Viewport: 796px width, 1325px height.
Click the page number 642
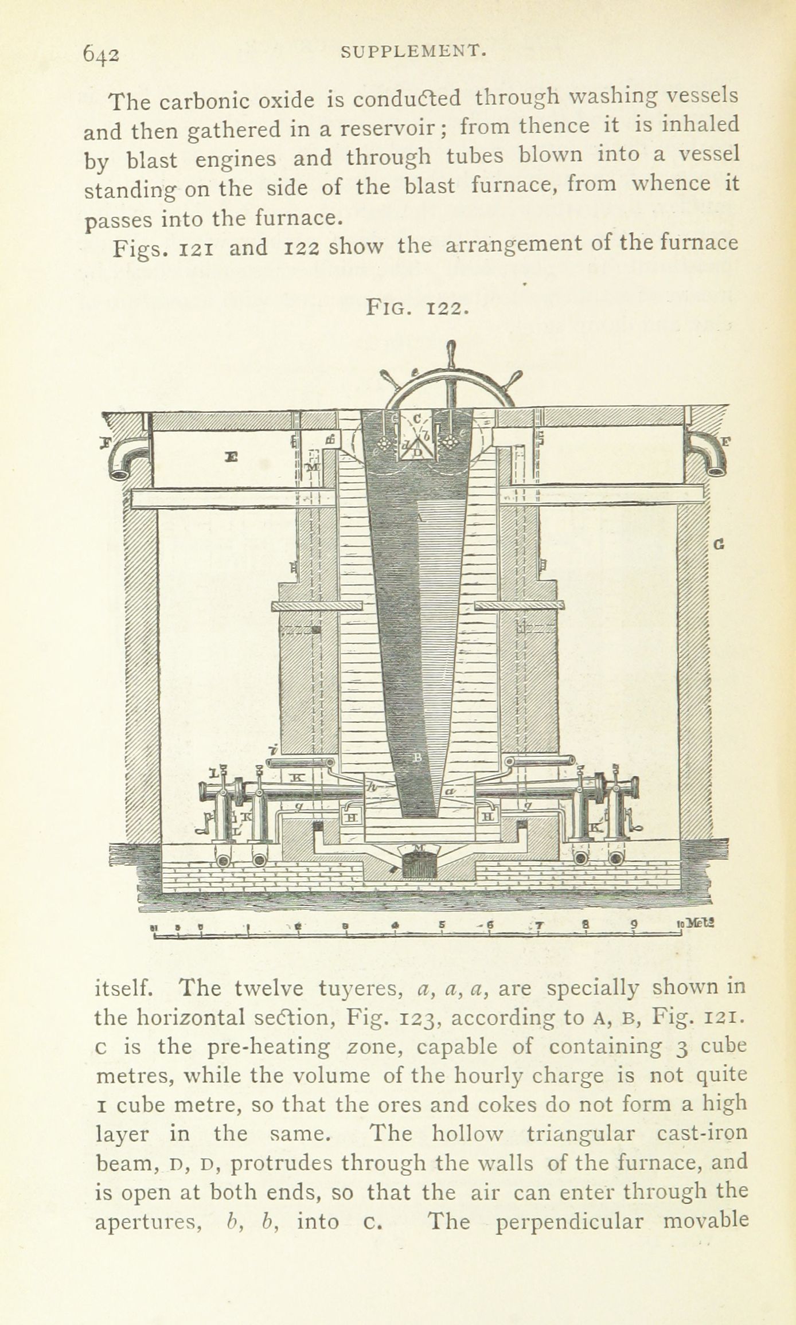102,54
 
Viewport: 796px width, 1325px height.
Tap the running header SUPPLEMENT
413,52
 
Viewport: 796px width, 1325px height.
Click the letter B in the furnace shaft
418,757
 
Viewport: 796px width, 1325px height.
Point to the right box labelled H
489,815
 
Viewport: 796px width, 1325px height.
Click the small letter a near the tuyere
450,791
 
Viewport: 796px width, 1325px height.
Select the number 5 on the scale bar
442,924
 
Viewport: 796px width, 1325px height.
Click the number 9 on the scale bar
633,924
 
